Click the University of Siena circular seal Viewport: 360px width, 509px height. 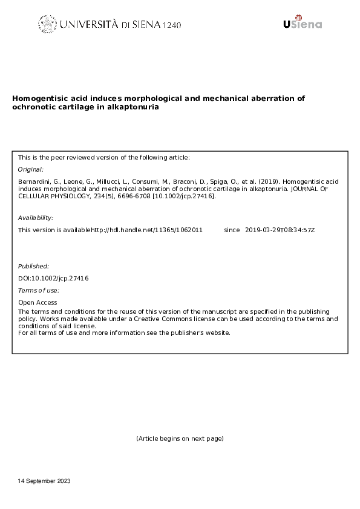click(47, 24)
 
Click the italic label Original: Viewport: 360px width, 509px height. click(31, 170)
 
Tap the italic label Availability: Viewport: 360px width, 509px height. click(36, 218)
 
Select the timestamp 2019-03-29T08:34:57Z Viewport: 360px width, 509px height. click(281, 230)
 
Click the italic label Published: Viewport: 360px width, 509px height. click(34, 266)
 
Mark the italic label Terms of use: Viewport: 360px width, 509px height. click(39, 291)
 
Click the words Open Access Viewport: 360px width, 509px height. click(38, 302)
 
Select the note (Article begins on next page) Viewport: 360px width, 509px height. click(180, 438)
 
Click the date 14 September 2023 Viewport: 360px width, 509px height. click(45, 481)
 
